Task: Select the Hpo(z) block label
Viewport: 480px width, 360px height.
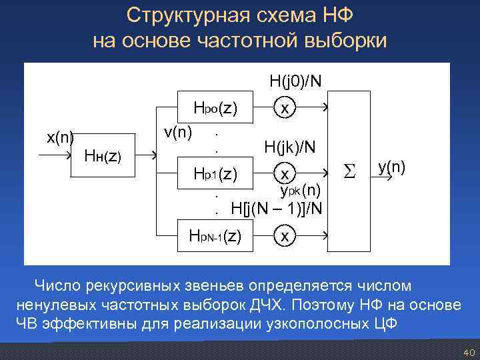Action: (216, 107)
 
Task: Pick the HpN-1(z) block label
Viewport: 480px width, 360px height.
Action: (215, 235)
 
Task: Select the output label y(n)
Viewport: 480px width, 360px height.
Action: (392, 166)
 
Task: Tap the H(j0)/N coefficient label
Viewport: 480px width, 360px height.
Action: (296, 81)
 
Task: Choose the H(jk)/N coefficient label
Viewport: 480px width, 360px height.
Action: (290, 147)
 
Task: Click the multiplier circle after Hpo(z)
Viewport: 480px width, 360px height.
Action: (285, 107)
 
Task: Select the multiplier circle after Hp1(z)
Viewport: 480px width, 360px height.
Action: (285, 174)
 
